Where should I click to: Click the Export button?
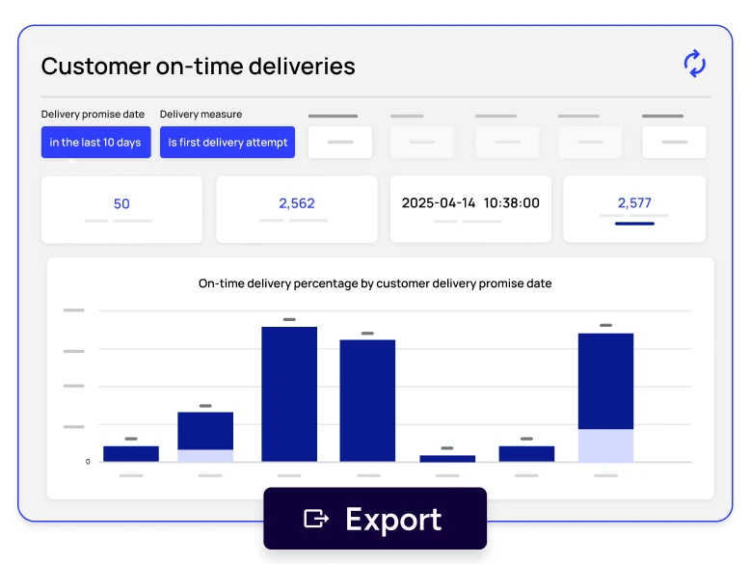click(374, 519)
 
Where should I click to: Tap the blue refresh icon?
click(694, 64)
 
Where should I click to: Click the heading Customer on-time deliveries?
click(198, 67)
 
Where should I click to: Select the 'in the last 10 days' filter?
click(95, 143)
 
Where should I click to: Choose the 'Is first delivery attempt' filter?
click(228, 143)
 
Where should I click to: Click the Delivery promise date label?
click(93, 115)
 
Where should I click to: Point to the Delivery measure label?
click(201, 115)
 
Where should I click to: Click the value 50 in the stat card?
click(121, 203)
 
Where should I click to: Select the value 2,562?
click(297, 203)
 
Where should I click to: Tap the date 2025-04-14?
click(439, 203)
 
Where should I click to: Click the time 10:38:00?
click(512, 203)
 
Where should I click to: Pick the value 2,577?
click(634, 203)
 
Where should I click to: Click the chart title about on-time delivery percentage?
click(375, 283)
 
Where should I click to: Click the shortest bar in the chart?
click(447, 459)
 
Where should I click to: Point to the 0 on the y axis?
click(88, 462)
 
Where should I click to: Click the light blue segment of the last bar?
click(605, 445)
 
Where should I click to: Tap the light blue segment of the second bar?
click(205, 456)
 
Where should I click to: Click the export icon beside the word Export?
click(315, 519)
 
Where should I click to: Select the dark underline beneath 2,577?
click(634, 224)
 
